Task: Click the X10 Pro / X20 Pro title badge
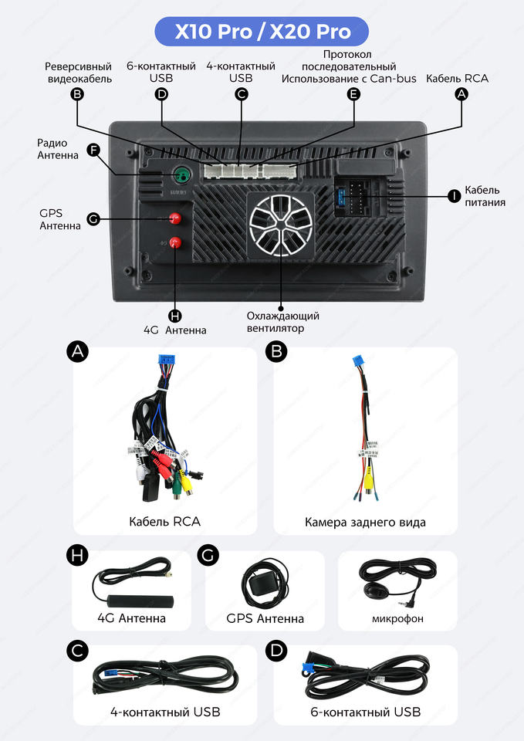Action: click(262, 32)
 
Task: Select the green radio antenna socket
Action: click(181, 174)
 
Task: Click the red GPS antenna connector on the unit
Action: click(174, 220)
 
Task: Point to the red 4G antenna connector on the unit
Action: click(174, 243)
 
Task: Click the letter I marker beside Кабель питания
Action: click(454, 195)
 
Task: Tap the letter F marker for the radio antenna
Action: click(93, 150)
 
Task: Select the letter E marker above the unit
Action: click(353, 94)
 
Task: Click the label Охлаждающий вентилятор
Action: click(282, 322)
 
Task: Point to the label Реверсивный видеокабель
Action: click(78, 73)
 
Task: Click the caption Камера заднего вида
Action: click(365, 523)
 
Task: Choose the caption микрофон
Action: click(397, 618)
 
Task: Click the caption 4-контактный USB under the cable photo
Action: click(165, 712)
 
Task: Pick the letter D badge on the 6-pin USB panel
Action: click(275, 651)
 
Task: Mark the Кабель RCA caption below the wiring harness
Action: click(164, 522)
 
